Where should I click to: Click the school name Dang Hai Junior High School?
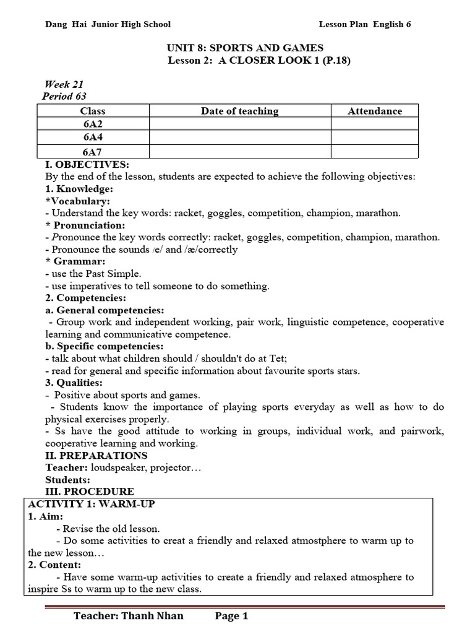point(108,24)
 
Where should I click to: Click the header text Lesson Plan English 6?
point(364,24)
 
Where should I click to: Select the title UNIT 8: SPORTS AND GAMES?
point(245,48)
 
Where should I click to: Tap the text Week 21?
point(64,84)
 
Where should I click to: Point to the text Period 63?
point(64,96)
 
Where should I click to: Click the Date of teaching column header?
point(239,111)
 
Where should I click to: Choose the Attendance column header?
point(374,111)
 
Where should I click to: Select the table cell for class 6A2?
point(93,124)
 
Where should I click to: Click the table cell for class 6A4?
point(93,137)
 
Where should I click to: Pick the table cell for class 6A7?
point(93,151)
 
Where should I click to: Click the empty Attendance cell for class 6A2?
point(374,124)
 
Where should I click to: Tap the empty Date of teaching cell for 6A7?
point(239,151)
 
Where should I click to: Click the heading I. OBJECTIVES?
point(87,165)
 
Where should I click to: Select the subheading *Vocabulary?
point(78,201)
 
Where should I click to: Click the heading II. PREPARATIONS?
point(96,456)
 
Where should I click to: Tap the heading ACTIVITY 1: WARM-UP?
point(92,504)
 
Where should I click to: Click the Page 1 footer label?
point(231,616)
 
